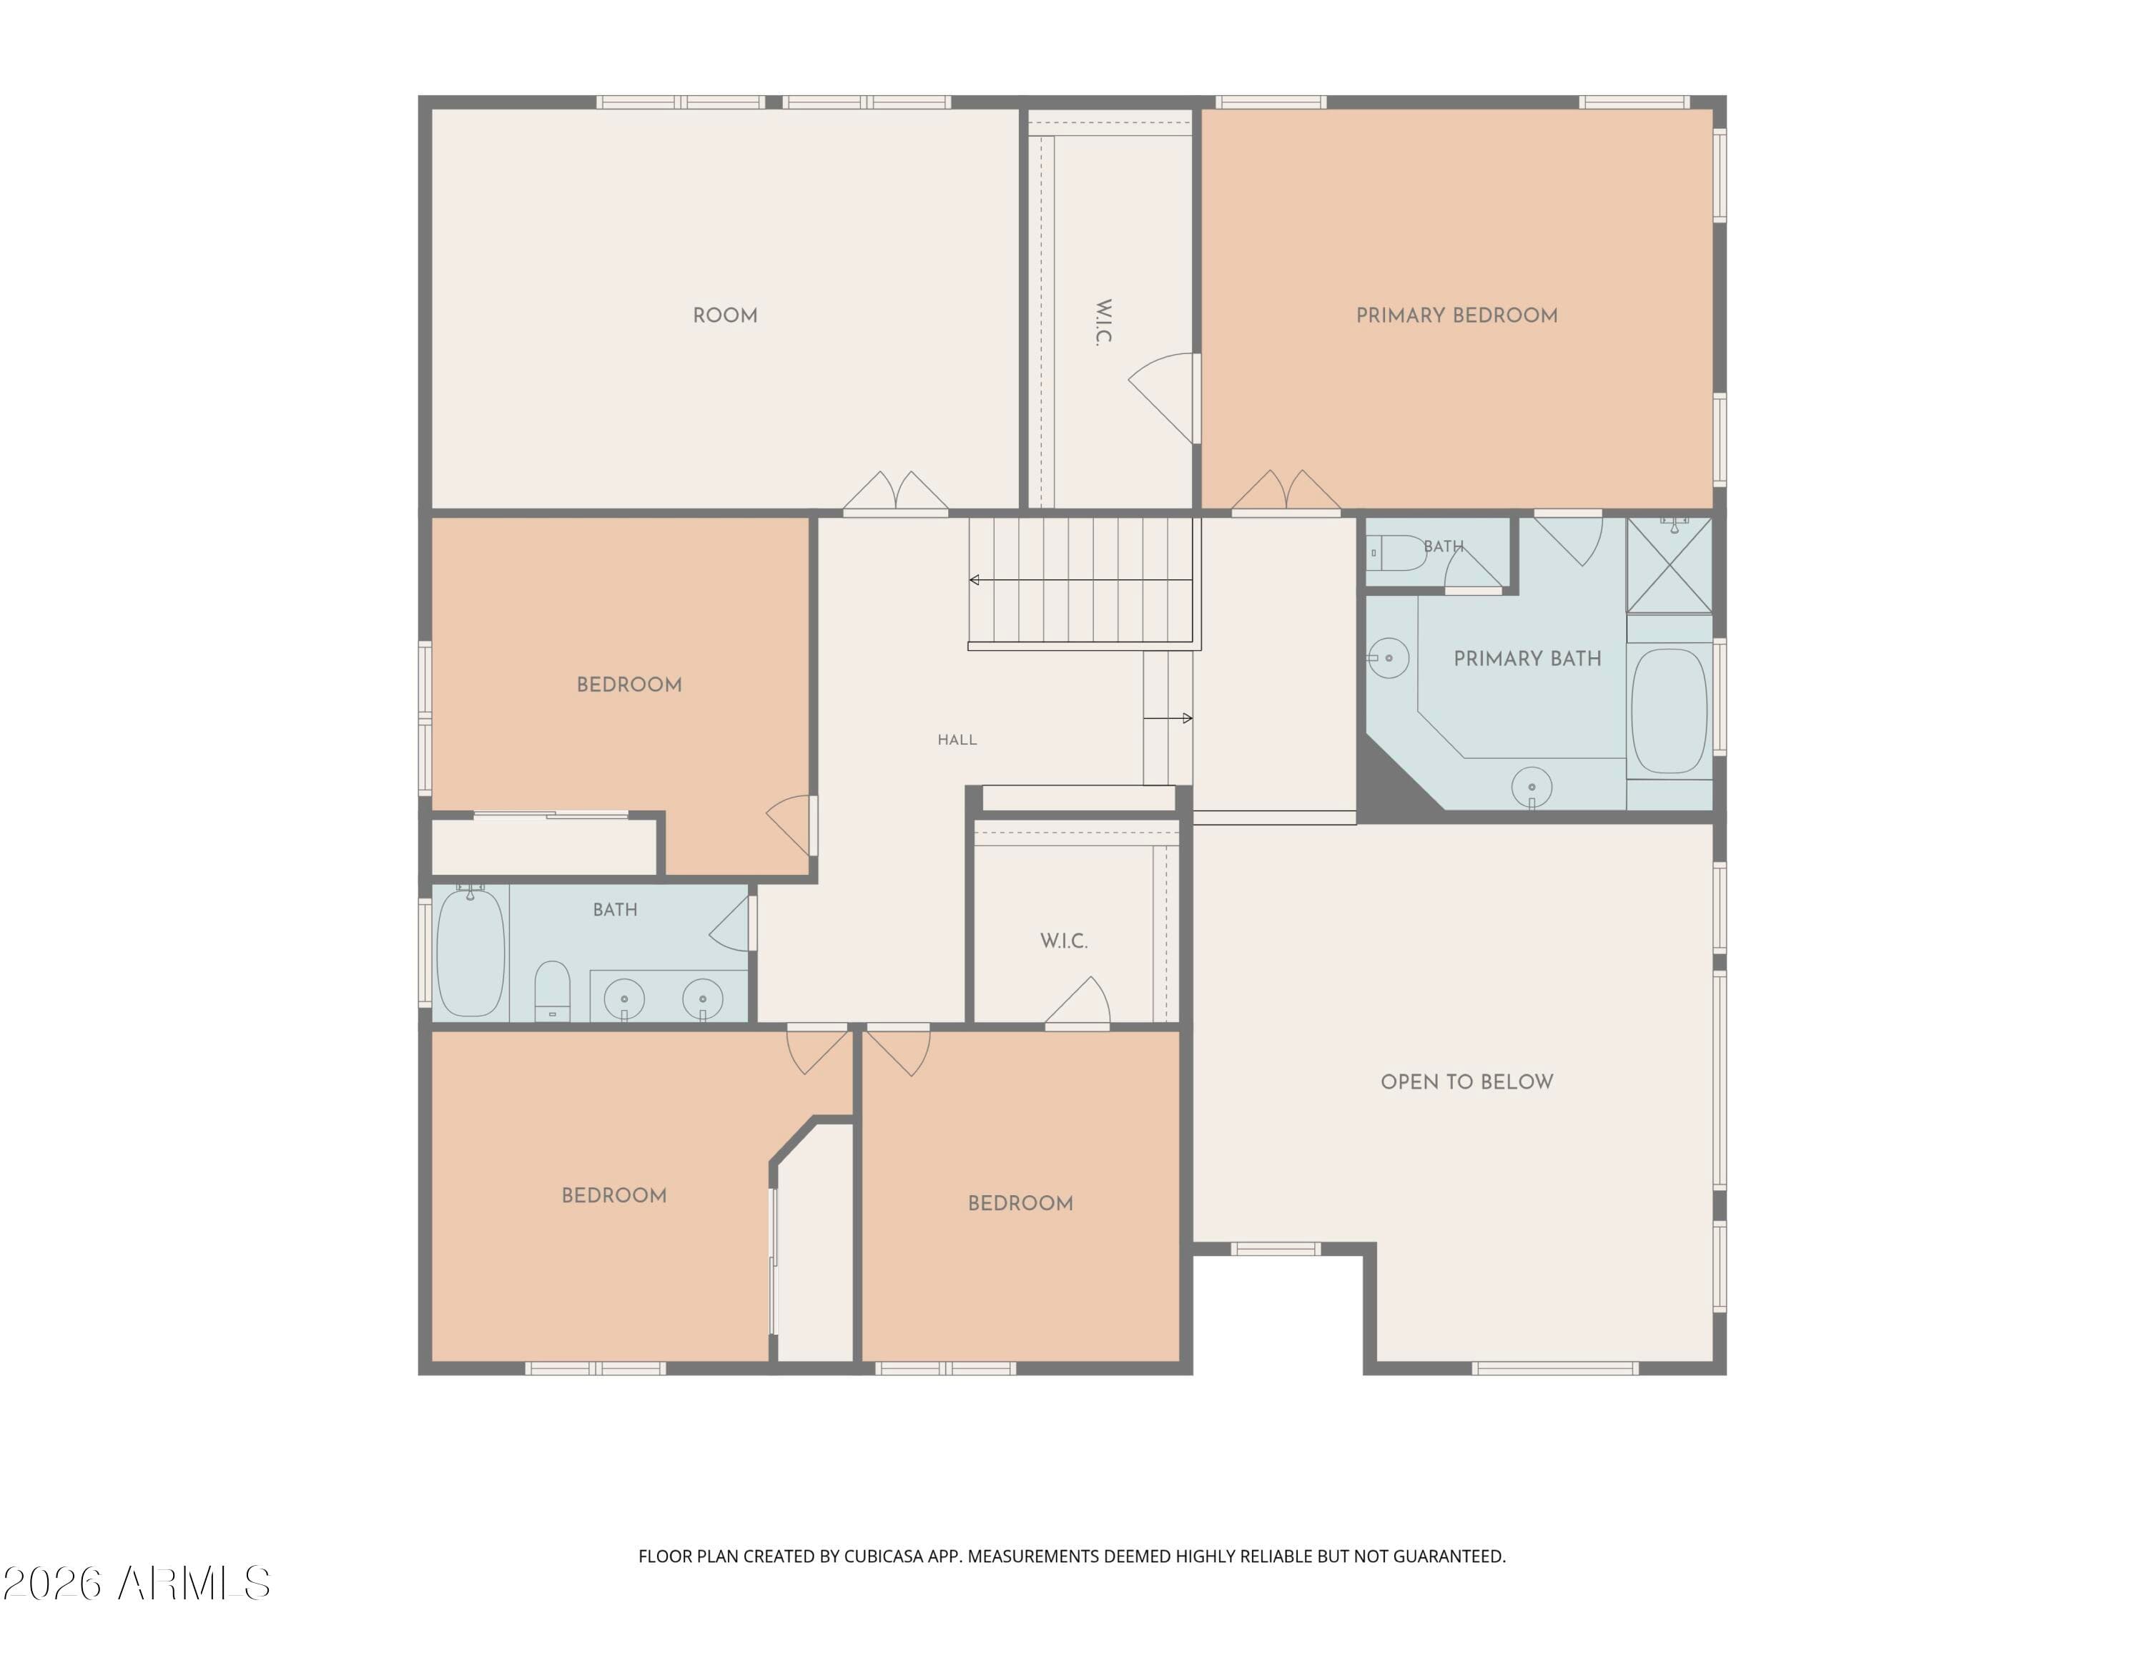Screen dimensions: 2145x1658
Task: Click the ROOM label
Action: click(725, 315)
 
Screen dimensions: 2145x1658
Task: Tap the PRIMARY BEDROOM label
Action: click(1456, 315)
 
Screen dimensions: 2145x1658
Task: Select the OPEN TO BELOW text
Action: click(1466, 1081)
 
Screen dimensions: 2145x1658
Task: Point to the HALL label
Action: click(957, 740)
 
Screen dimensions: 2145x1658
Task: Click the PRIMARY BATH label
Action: click(1527, 658)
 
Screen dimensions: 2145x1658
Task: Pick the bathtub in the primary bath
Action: click(1669, 710)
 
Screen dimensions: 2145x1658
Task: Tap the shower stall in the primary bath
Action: click(1670, 565)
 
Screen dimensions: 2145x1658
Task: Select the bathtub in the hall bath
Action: click(470, 952)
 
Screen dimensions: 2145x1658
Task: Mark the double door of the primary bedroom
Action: click(1286, 492)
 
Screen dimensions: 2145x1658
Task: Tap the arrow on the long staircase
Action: click(1080, 579)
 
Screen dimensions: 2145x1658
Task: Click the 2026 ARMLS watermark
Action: click(136, 1584)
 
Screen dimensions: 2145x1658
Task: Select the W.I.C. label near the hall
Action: click(1064, 941)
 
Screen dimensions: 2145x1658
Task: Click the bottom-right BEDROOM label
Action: click(1020, 1203)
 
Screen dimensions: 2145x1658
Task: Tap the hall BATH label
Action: click(615, 910)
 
